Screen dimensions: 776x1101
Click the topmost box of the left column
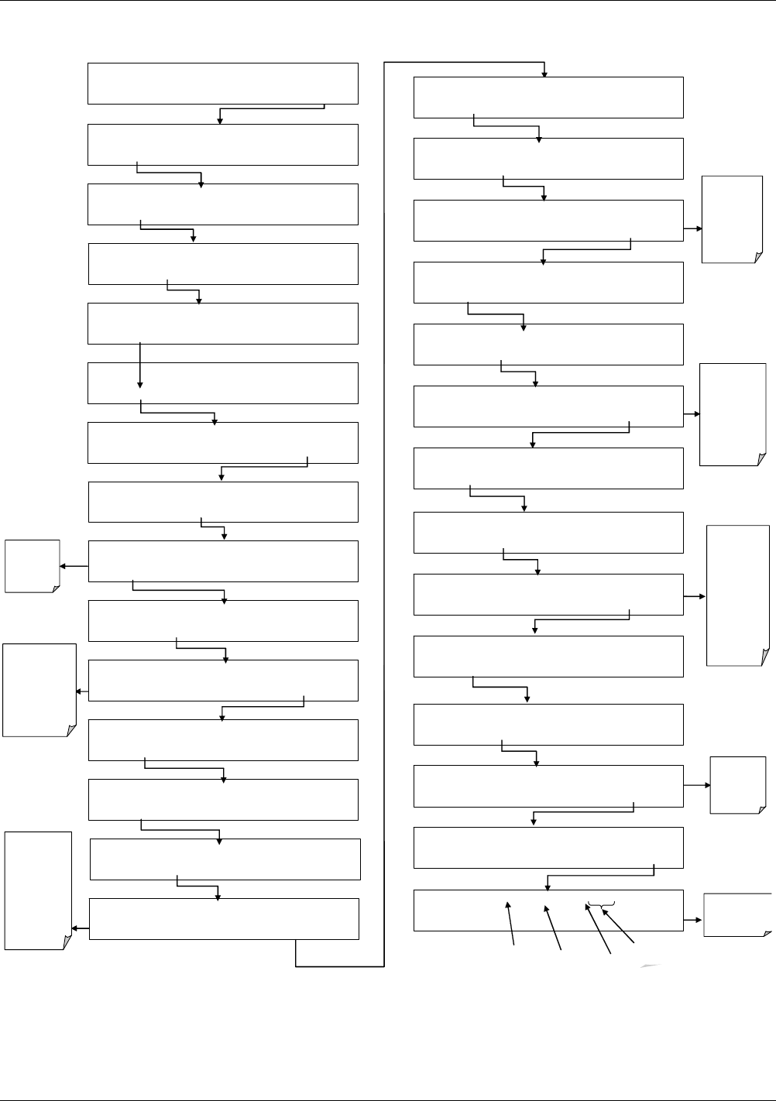pyautogui.click(x=223, y=84)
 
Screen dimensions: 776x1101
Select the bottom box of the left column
pyautogui.click(x=224, y=919)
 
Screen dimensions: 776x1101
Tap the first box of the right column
pyautogui.click(x=548, y=98)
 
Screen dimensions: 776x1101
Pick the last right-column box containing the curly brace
pyautogui.click(x=548, y=910)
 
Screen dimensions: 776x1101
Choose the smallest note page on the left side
pyautogui.click(x=33, y=566)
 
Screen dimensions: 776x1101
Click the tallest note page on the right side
pyautogui.click(x=738, y=595)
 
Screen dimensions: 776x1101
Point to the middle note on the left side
pyautogui.click(x=39, y=689)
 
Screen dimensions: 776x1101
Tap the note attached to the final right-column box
pyautogui.click(x=737, y=914)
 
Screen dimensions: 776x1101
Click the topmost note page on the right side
pyautogui.click(x=732, y=219)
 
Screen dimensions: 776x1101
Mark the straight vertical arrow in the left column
pyautogui.click(x=140, y=364)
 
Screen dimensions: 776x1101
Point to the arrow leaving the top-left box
pyautogui.click(x=271, y=110)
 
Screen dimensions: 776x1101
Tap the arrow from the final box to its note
pyautogui.click(x=693, y=920)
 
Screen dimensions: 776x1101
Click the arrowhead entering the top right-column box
pyautogui.click(x=544, y=74)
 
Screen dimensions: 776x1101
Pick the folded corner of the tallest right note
pyautogui.click(x=764, y=657)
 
